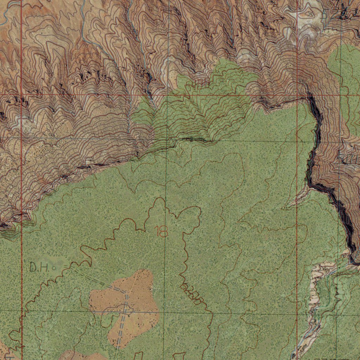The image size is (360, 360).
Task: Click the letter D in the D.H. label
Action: [x=33, y=268]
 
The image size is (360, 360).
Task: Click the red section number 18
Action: [x=162, y=231]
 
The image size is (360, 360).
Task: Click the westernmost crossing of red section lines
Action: [x=22, y=95]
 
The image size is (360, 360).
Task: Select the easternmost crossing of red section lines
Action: [x=297, y=95]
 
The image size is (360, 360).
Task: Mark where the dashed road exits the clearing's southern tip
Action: [x=117, y=346]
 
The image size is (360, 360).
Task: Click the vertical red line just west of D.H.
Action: [x=22, y=267]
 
